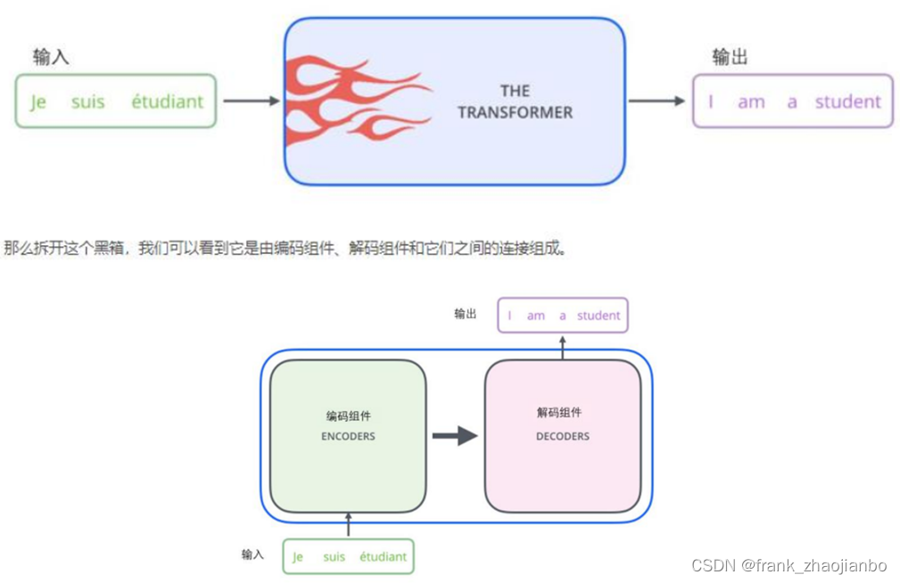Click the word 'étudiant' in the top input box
tap(168, 102)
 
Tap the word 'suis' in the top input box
tap(87, 102)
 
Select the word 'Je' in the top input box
tap(37, 103)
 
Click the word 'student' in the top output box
tap(847, 102)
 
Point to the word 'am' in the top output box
tap(751, 103)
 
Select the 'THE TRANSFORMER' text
tap(515, 102)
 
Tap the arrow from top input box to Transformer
tap(251, 101)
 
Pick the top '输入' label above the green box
tap(51, 57)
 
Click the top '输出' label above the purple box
tap(730, 57)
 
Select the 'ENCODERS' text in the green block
tap(348, 437)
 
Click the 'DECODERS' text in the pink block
tap(563, 437)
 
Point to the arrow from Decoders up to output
tap(563, 347)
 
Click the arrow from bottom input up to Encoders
tap(348, 526)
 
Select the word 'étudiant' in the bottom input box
tap(383, 557)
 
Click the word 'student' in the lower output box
tap(599, 316)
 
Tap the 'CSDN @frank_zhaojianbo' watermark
tap(789, 566)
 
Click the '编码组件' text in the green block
tap(348, 415)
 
